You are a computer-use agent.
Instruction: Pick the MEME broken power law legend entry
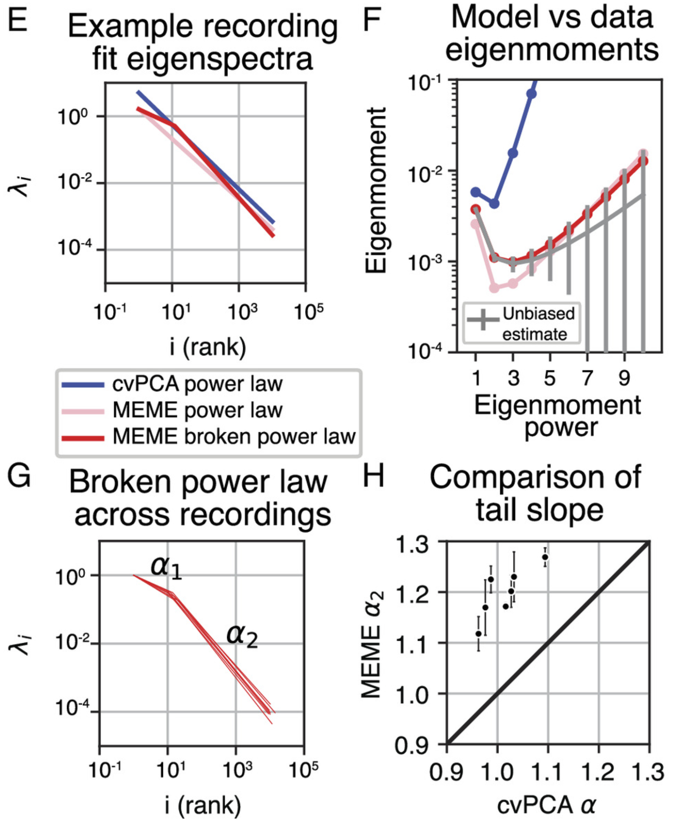(234, 437)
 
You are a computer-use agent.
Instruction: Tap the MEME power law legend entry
(197, 411)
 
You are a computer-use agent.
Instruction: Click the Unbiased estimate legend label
(538, 324)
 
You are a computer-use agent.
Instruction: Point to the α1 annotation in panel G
(166, 567)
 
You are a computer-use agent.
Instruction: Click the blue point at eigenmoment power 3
(513, 153)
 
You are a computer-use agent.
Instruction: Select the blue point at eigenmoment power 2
(494, 204)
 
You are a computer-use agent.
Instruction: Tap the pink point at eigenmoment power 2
(494, 288)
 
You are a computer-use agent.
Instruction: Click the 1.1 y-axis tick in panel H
(410, 643)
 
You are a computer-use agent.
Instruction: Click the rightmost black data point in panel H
(545, 557)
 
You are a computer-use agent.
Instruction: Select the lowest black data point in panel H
(479, 634)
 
